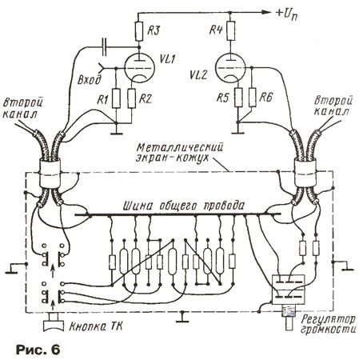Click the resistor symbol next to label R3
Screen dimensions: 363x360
pos(139,31)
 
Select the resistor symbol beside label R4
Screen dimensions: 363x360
pos(231,30)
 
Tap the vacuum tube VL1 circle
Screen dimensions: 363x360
pos(139,68)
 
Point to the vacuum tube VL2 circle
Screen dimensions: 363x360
pos(230,68)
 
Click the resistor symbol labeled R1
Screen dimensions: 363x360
pos(116,98)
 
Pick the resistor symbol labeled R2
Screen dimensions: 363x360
pos(132,98)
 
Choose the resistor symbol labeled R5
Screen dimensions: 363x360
pos(238,97)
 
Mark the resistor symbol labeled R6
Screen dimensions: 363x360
pos(252,97)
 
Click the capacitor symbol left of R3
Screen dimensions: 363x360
pos(105,47)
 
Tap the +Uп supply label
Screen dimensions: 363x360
pos(286,14)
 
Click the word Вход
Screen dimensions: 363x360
pos(90,80)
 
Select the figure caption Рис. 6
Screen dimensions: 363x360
pos(38,350)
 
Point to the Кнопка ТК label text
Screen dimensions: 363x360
pos(96,326)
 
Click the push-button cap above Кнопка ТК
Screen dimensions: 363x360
pos(54,322)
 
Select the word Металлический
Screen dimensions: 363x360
pos(180,147)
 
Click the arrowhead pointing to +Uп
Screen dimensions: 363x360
pos(265,12)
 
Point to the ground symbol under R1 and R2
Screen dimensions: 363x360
pos(116,131)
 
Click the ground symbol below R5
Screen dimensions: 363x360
pos(238,130)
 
